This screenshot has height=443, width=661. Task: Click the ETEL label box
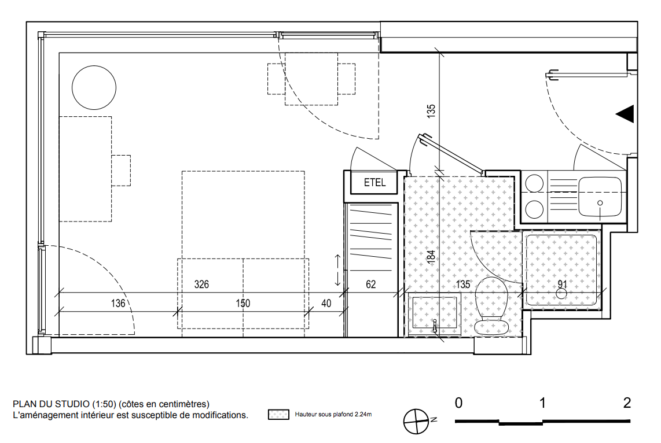click(x=374, y=182)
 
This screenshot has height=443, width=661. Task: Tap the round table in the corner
click(x=94, y=87)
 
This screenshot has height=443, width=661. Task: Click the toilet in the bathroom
click(x=491, y=305)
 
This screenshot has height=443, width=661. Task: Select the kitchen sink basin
click(x=600, y=197)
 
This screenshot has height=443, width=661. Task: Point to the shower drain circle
click(x=561, y=294)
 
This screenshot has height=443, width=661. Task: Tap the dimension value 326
click(x=201, y=284)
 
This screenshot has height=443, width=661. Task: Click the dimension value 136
click(x=118, y=303)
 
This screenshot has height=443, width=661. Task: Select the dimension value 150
click(x=243, y=303)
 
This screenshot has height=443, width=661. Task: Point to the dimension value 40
click(x=326, y=303)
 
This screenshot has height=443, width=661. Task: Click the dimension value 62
click(x=371, y=284)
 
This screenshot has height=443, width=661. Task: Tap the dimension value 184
click(x=431, y=256)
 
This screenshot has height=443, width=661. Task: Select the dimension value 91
click(x=563, y=284)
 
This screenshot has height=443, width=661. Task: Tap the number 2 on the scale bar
click(x=627, y=403)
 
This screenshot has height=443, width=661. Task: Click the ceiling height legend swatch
click(x=278, y=414)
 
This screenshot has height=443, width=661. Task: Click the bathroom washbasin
click(x=435, y=312)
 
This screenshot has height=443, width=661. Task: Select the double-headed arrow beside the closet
click(x=337, y=270)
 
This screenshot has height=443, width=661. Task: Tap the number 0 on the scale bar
click(x=458, y=403)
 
